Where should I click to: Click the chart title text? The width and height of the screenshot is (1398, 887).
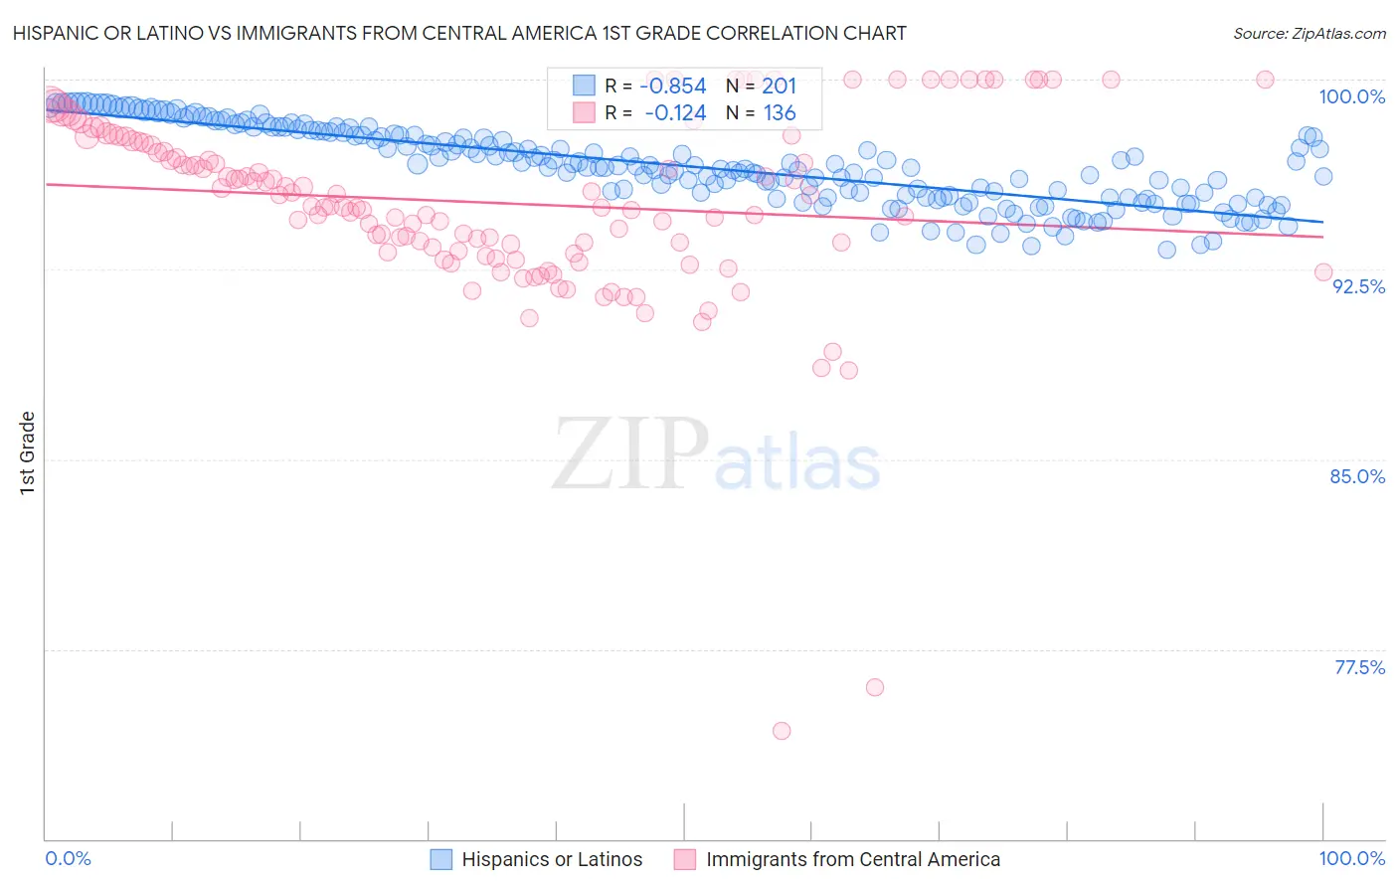pyautogui.click(x=459, y=33)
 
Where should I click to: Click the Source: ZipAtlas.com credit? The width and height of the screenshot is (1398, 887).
pyautogui.click(x=1309, y=33)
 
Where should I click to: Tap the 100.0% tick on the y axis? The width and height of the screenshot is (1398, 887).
pyautogui.click(x=1351, y=96)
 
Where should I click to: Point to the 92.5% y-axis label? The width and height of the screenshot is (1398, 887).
pyautogui.click(x=1358, y=286)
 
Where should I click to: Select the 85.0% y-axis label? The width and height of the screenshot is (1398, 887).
pyautogui.click(x=1357, y=476)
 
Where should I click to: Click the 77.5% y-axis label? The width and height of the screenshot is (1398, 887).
pyautogui.click(x=1359, y=667)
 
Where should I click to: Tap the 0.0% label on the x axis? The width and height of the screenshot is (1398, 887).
pyautogui.click(x=68, y=858)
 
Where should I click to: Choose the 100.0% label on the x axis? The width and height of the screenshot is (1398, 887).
pyautogui.click(x=1351, y=858)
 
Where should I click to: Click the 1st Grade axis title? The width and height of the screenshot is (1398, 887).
pyautogui.click(x=28, y=451)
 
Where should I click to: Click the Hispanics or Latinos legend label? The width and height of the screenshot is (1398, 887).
pyautogui.click(x=552, y=859)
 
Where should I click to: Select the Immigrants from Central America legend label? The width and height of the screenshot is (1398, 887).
pyautogui.click(x=852, y=859)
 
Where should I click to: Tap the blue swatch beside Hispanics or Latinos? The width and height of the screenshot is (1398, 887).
pyautogui.click(x=441, y=859)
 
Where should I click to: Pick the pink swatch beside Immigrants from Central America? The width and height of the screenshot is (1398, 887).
pyautogui.click(x=684, y=859)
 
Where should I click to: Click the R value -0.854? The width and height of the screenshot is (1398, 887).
pyautogui.click(x=675, y=87)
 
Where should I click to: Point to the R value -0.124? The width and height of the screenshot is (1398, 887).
pyautogui.click(x=675, y=113)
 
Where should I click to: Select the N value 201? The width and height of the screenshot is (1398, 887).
pyautogui.click(x=779, y=87)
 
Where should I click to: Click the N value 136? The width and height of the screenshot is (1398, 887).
pyautogui.click(x=779, y=113)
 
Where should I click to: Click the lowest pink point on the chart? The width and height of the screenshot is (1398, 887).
pyautogui.click(x=782, y=731)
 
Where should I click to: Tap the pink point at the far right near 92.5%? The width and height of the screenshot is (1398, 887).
pyautogui.click(x=1323, y=272)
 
